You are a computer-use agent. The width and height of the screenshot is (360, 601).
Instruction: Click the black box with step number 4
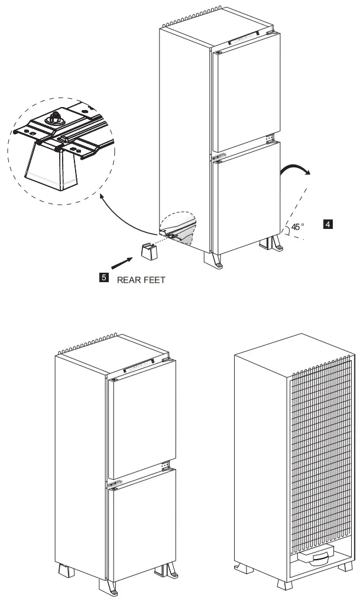click(327, 224)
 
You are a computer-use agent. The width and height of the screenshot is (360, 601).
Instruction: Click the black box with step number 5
click(103, 276)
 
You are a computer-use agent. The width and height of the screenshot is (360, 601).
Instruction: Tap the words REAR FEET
click(141, 279)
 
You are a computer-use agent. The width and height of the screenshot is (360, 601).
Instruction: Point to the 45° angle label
click(298, 227)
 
